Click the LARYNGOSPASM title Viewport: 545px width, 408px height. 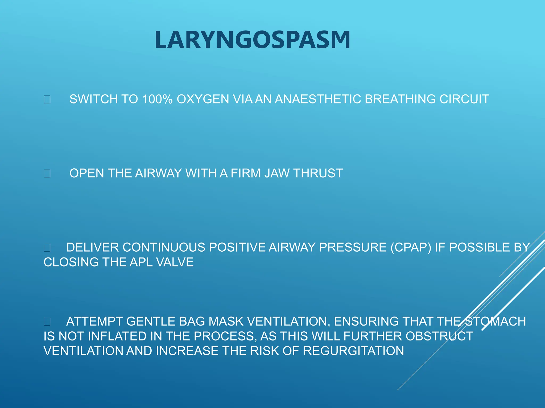point(252,40)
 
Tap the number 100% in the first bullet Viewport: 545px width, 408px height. point(157,99)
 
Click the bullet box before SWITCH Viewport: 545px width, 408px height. point(47,99)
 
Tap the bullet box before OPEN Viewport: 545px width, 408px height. point(47,174)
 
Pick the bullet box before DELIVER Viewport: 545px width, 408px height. point(47,248)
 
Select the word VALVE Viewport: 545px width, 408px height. point(175,262)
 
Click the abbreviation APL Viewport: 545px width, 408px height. point(141,262)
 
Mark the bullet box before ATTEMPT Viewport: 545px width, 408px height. point(47,322)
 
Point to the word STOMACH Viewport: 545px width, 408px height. point(497,321)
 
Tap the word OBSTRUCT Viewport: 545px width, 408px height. point(439,336)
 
